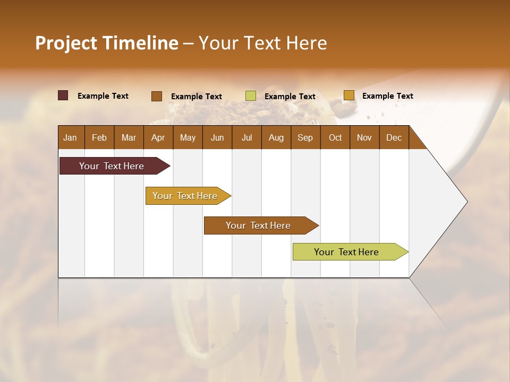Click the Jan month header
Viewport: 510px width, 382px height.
pyautogui.click(x=70, y=138)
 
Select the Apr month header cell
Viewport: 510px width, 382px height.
pyautogui.click(x=158, y=138)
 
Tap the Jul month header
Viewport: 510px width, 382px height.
pyautogui.click(x=246, y=138)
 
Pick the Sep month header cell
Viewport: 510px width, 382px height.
pyautogui.click(x=305, y=138)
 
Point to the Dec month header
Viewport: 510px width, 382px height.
pyautogui.click(x=394, y=138)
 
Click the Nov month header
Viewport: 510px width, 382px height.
pyautogui.click(x=364, y=138)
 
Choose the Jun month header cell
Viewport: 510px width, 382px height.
pyautogui.click(x=217, y=138)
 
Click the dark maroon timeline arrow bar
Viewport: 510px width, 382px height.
pyautogui.click(x=112, y=166)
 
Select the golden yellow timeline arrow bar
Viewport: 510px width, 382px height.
pyautogui.click(x=185, y=196)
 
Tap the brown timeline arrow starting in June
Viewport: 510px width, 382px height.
pyautogui.click(x=258, y=225)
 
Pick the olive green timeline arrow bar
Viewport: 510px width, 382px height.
pyautogui.click(x=346, y=252)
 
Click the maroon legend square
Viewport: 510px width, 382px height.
pyautogui.click(x=63, y=95)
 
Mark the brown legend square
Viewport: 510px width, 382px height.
pyautogui.click(x=156, y=96)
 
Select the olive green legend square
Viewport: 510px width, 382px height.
pyautogui.click(x=251, y=96)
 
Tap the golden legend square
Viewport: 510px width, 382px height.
pyautogui.click(x=348, y=95)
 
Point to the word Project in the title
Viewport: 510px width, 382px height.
pyautogui.click(x=66, y=43)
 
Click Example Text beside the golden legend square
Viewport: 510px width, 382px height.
pyautogui.click(x=387, y=96)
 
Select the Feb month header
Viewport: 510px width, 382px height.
pyautogui.click(x=99, y=138)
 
